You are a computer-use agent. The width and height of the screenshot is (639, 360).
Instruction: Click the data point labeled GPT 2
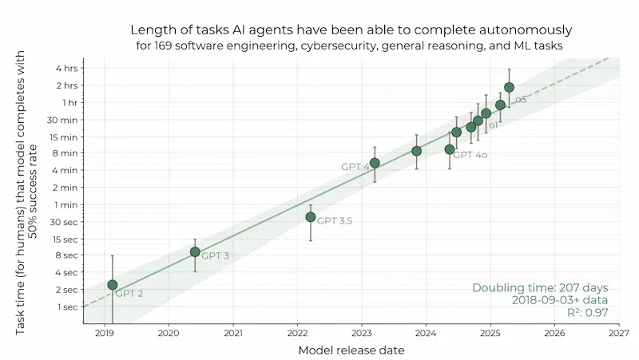(x=113, y=285)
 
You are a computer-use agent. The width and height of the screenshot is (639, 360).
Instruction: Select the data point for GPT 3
(x=195, y=251)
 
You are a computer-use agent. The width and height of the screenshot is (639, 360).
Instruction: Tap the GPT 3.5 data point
(x=311, y=217)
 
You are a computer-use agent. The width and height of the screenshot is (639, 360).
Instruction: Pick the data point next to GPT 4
(x=375, y=163)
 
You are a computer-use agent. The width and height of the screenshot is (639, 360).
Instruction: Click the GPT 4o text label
(x=472, y=155)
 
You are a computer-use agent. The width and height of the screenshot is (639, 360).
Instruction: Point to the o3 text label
(x=521, y=100)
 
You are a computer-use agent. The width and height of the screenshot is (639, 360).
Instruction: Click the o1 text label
(x=494, y=125)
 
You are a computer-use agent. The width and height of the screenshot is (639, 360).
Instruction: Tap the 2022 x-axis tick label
(x=297, y=332)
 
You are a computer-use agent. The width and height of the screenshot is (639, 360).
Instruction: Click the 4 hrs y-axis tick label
(x=67, y=69)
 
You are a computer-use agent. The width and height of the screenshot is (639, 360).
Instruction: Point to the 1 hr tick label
(x=70, y=103)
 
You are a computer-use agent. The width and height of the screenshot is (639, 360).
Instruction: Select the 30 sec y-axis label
(x=65, y=222)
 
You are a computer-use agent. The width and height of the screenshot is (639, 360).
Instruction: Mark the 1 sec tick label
(x=67, y=307)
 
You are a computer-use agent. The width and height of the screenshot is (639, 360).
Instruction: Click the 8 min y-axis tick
(x=66, y=153)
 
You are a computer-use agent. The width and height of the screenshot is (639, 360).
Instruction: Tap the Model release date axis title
(x=351, y=350)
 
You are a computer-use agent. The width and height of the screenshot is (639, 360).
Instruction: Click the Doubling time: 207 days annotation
(x=540, y=287)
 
